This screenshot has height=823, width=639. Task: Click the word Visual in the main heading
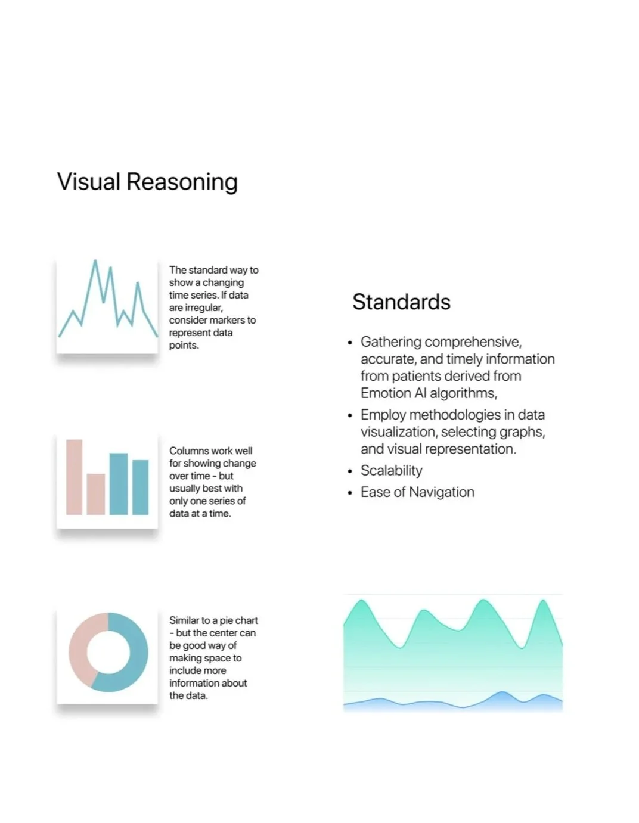(x=88, y=182)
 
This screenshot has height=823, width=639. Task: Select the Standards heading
(x=401, y=302)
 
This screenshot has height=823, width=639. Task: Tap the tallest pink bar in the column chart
(x=74, y=477)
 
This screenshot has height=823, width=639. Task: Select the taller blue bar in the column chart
(x=119, y=483)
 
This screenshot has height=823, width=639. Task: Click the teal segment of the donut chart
(x=134, y=656)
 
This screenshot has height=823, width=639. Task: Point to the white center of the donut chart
(x=108, y=653)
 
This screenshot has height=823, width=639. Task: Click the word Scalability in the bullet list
(x=391, y=471)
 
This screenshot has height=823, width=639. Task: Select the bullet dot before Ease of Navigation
(x=350, y=493)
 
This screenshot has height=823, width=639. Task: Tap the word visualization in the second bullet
(x=398, y=432)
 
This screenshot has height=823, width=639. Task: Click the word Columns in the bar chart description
(x=185, y=451)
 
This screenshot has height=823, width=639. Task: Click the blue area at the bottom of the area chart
(x=501, y=702)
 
